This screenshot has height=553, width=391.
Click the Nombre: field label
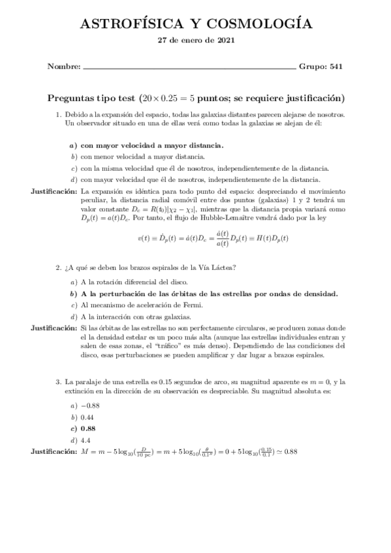[x=64, y=67]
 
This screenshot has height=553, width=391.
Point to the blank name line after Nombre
[x=189, y=67]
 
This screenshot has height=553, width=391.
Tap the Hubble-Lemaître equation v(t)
[x=213, y=237]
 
